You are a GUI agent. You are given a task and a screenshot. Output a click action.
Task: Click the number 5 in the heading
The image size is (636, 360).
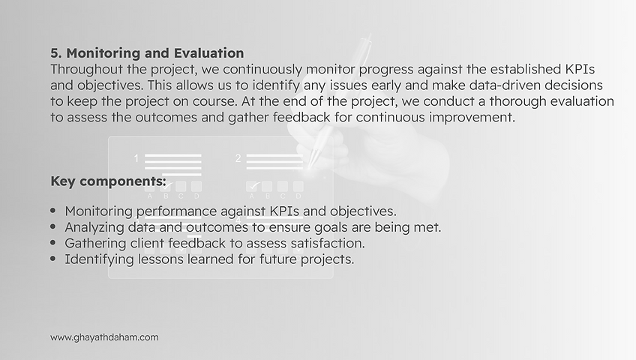pos(55,53)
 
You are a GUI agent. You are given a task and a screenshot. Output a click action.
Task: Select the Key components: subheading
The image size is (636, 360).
pos(108,181)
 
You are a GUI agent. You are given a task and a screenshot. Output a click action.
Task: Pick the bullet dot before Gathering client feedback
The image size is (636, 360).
pos(53,243)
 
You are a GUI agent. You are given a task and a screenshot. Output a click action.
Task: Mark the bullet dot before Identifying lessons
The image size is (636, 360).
pos(53,259)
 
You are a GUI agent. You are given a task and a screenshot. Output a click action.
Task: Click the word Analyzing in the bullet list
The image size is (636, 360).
pos(95,227)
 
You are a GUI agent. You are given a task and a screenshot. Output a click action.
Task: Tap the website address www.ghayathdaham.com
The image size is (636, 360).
pos(104,337)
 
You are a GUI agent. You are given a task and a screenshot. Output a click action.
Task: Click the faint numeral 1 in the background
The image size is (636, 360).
pos(136,158)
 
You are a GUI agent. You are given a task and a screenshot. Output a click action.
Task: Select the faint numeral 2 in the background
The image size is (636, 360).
pos(238,158)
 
